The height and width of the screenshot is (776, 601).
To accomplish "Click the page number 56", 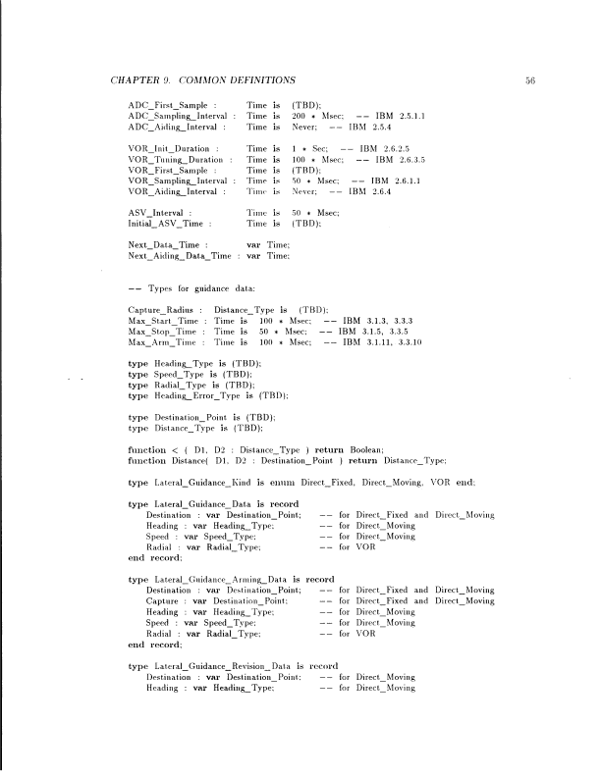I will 529,78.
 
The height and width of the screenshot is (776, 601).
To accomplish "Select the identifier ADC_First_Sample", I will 173,104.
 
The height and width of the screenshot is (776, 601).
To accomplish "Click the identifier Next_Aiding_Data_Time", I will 184,255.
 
